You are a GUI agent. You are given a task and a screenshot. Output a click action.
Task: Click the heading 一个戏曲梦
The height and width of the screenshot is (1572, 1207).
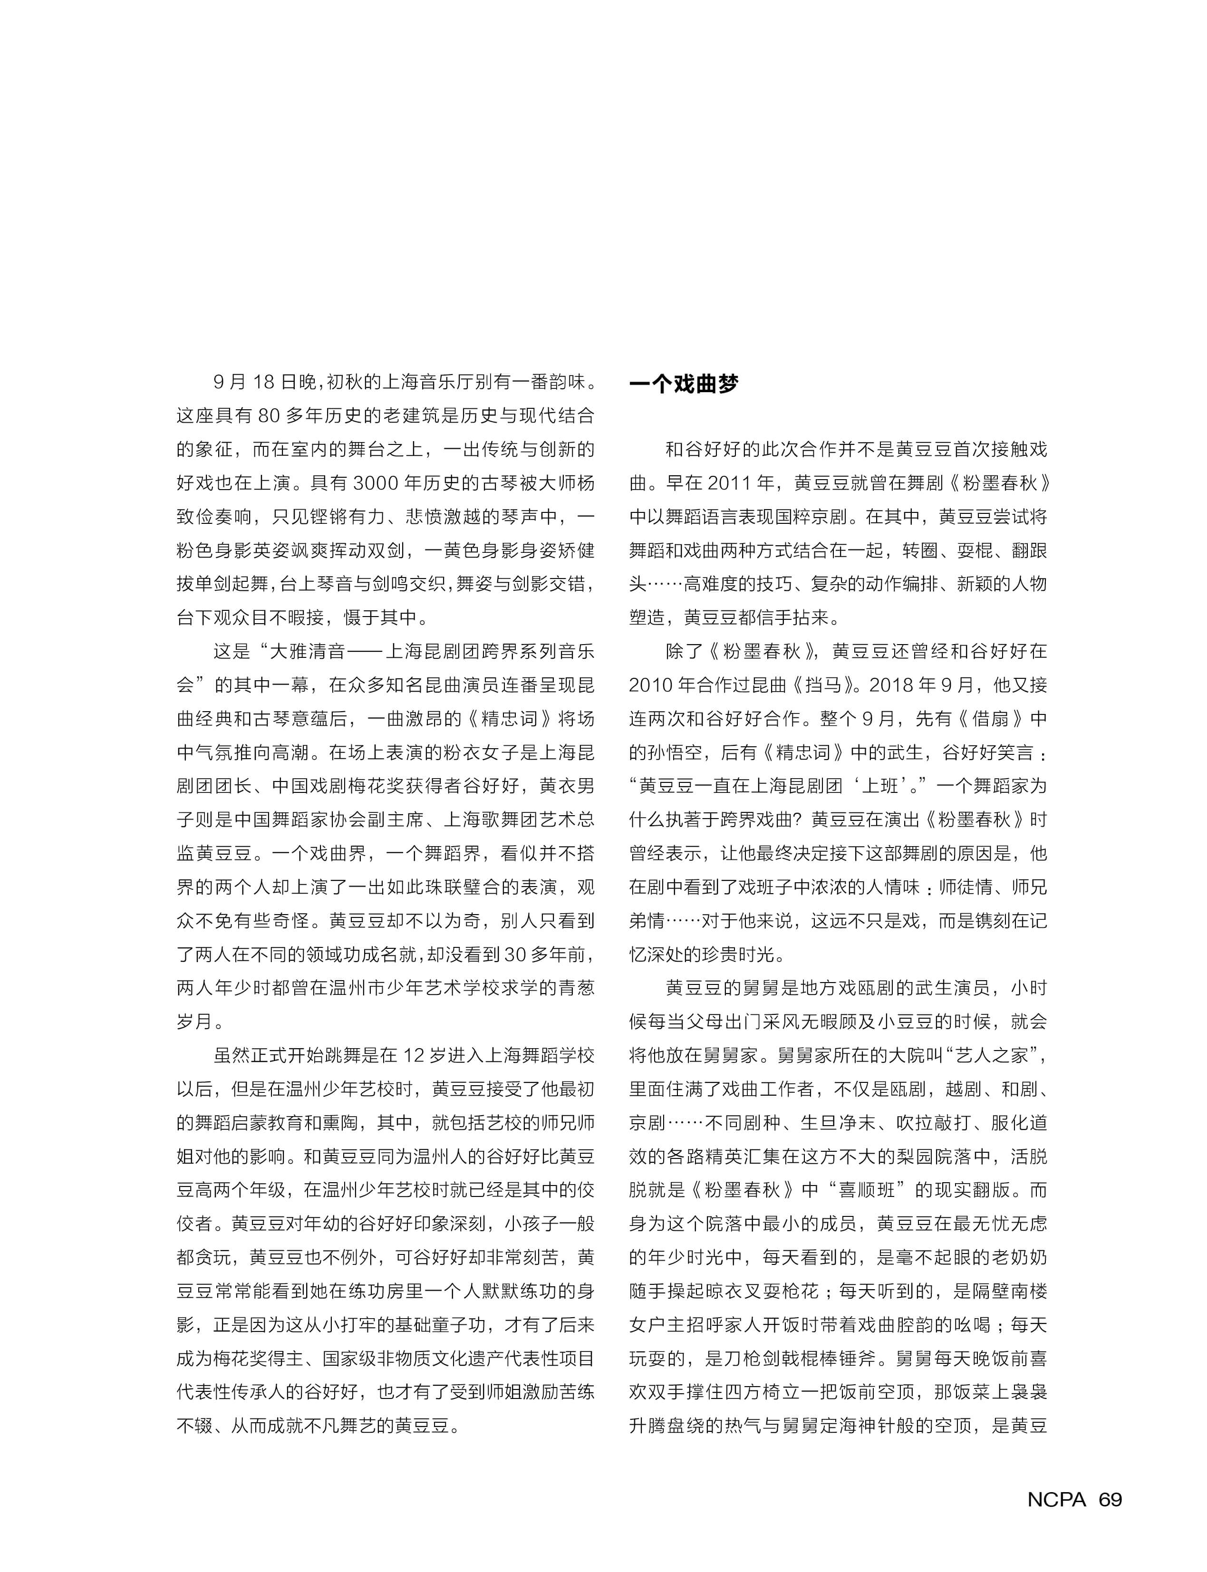pyautogui.click(x=683, y=385)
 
